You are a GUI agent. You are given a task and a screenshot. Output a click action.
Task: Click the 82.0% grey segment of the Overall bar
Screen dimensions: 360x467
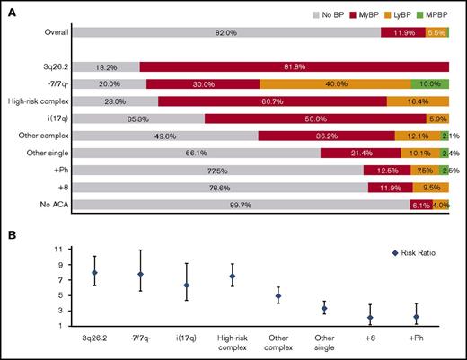point(225,32)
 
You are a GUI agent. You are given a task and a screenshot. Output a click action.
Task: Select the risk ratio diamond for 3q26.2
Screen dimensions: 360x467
point(94,272)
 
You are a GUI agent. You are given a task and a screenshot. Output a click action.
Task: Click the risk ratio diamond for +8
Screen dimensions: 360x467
point(369,318)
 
